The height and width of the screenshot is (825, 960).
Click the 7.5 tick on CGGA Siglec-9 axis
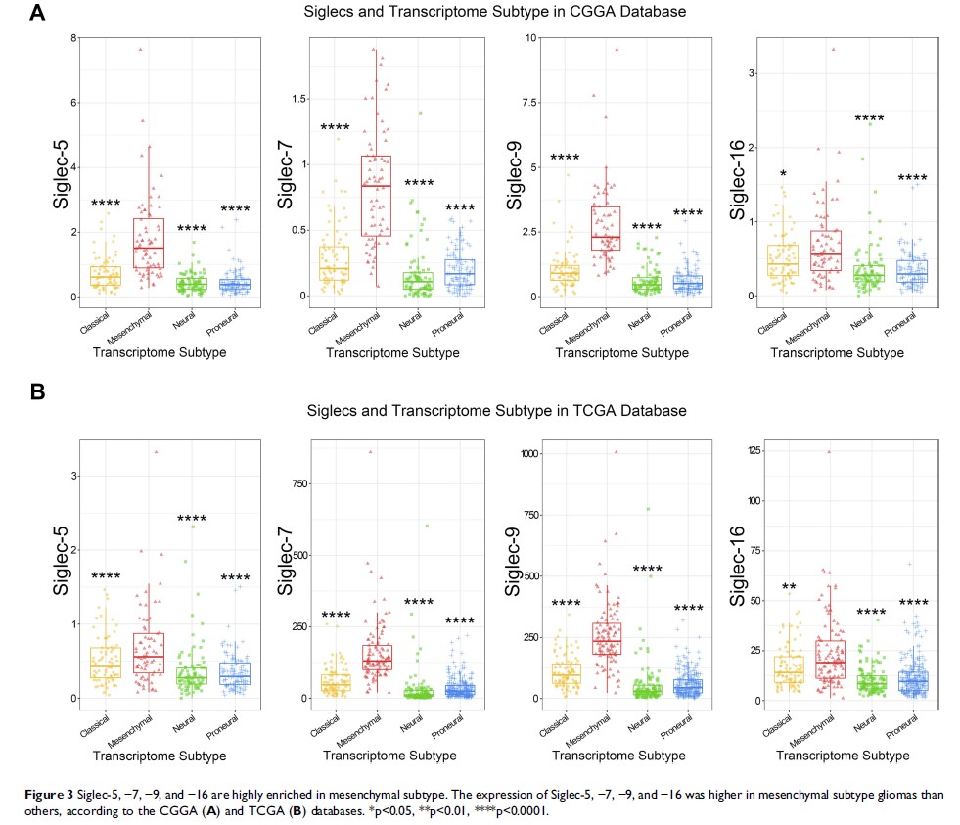click(x=531, y=102)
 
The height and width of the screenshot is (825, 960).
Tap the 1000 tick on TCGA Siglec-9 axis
click(x=527, y=454)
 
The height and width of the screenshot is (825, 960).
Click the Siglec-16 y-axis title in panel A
click(x=745, y=163)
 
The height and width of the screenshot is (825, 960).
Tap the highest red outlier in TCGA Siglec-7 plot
click(x=370, y=452)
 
